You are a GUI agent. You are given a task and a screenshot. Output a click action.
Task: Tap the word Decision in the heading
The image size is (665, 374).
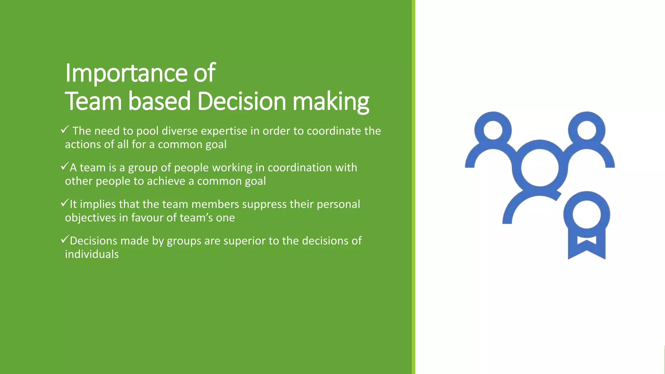(242, 101)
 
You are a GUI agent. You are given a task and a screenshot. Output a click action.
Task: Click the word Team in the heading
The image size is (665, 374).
(93, 101)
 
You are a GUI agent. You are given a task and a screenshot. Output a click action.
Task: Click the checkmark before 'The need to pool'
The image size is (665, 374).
(64, 130)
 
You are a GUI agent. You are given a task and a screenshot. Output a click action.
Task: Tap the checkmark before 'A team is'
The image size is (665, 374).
(64, 167)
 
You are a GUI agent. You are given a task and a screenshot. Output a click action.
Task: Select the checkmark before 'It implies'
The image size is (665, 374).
(64, 203)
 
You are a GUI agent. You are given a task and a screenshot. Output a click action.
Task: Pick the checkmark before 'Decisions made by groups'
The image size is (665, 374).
(64, 240)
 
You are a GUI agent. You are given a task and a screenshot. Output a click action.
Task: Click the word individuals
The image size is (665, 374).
(92, 254)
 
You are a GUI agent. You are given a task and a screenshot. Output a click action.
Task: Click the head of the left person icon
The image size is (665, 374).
(493, 130)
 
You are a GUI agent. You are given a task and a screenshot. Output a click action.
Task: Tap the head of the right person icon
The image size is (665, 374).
(586, 130)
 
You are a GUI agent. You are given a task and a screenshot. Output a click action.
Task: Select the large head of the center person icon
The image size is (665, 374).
(540, 168)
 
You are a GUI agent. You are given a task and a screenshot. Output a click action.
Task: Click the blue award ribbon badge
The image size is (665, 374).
(586, 224)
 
